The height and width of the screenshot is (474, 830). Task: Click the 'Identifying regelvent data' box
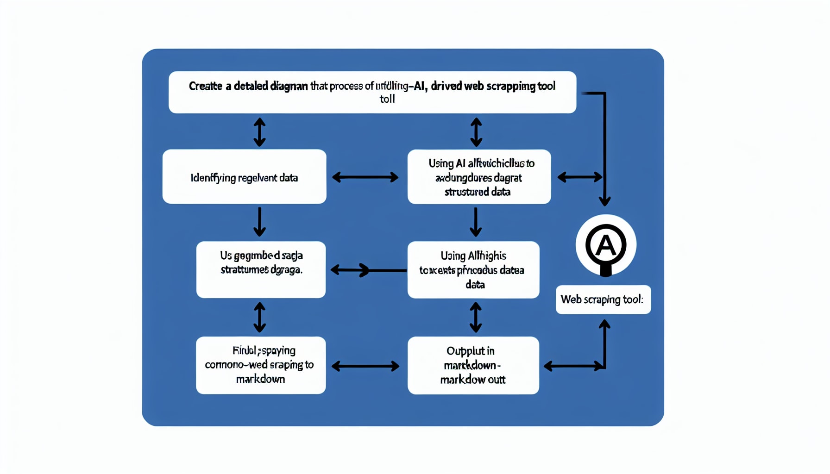244,176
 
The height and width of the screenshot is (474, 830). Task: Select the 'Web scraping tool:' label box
603,299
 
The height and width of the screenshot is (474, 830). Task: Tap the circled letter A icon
605,245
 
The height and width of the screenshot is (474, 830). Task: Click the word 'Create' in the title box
205,86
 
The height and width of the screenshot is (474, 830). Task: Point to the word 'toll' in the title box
387,99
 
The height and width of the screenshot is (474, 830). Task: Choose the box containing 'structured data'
479,176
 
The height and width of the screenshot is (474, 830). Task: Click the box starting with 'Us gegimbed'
261,269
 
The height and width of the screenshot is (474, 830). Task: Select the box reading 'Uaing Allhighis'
473,269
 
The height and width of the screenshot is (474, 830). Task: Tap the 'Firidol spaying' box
260,365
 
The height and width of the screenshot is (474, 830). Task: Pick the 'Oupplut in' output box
473,365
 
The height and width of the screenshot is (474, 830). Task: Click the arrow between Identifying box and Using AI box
365,177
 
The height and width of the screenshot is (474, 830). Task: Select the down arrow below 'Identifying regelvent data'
259,222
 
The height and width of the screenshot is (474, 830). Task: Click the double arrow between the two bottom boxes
365,366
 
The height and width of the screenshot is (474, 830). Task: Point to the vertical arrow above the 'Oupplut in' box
475,318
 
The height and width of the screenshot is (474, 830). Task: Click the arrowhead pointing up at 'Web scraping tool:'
604,324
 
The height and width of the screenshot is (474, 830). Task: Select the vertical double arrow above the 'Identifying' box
259,132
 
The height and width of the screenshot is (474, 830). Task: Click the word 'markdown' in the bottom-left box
260,379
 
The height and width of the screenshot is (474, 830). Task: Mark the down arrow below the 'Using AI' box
476,222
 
